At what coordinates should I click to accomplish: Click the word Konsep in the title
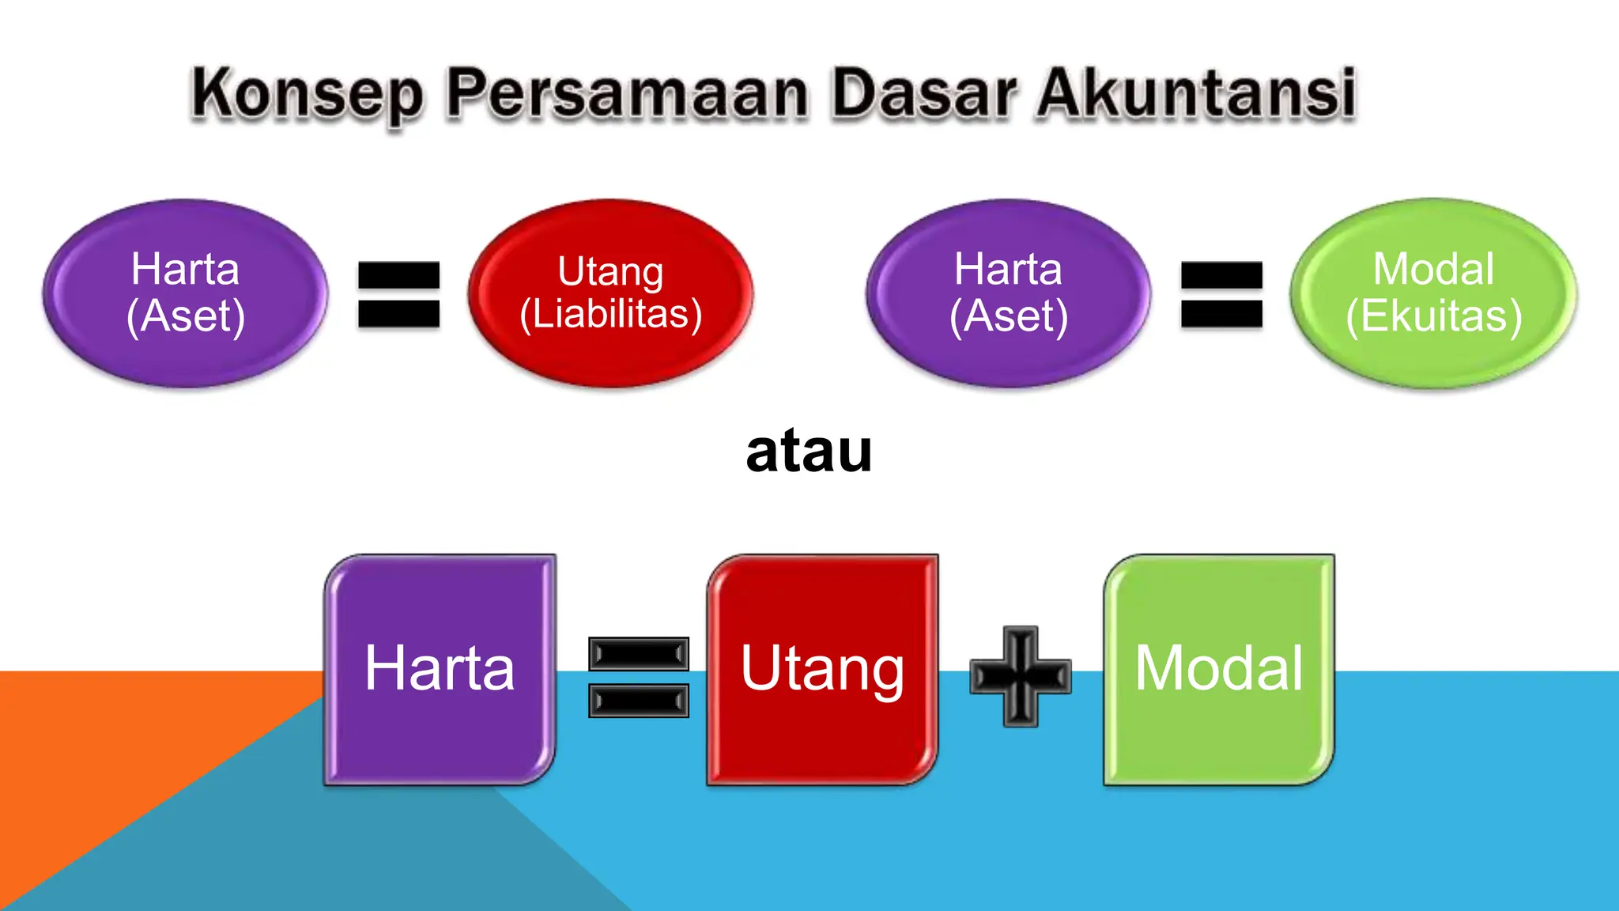coord(308,95)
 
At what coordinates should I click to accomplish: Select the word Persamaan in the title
coord(627,95)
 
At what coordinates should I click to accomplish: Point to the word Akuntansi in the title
coord(1197,95)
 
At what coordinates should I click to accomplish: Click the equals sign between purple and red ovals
coord(398,294)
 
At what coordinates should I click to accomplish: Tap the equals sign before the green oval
coord(1221,294)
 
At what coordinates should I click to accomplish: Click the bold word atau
coord(809,452)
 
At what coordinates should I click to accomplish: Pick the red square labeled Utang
coord(822,735)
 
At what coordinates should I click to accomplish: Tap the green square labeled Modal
coord(1219,735)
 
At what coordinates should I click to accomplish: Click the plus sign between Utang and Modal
coord(1021,677)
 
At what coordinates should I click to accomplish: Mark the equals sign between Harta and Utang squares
coord(639,677)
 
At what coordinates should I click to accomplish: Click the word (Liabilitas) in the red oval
coord(610,314)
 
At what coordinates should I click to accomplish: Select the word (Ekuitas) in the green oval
coord(1434,316)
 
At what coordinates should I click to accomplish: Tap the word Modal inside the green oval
coord(1433,269)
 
